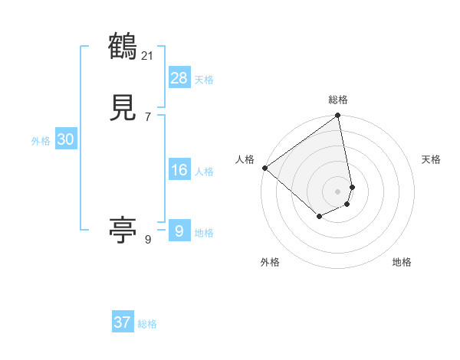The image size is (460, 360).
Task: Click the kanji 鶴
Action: [123, 47]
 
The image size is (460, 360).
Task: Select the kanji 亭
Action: [123, 230]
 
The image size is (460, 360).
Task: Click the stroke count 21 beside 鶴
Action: [148, 55]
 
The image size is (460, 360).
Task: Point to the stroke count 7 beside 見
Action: [147, 117]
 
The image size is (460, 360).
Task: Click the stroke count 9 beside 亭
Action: [147, 239]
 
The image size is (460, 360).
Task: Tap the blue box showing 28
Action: [179, 78]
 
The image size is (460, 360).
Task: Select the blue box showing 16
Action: [179, 170]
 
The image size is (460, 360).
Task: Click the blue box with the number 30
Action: [65, 139]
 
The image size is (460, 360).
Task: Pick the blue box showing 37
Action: [123, 322]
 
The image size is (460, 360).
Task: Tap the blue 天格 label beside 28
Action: [204, 80]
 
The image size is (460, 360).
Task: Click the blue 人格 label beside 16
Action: [204, 172]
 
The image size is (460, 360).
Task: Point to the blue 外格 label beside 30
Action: [41, 140]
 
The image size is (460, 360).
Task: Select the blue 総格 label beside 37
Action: [147, 324]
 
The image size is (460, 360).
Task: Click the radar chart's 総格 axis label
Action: [338, 100]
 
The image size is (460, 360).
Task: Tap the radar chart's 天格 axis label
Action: [431, 159]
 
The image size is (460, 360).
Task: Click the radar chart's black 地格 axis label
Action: [402, 262]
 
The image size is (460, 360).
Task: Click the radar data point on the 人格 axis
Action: [264, 168]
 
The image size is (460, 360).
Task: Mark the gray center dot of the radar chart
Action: [338, 191]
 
